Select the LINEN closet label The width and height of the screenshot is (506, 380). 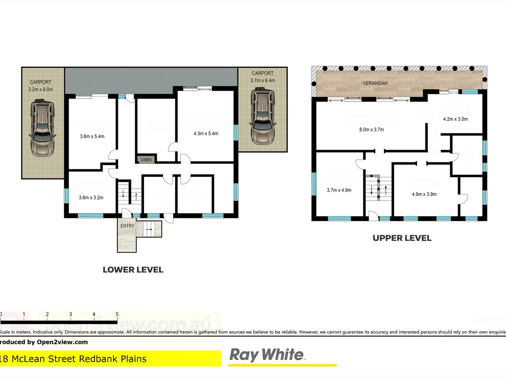coord(146,160)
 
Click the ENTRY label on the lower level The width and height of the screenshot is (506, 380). coord(127,226)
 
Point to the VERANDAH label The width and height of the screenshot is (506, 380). coord(375,83)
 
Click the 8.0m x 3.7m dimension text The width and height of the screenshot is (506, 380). coord(371,130)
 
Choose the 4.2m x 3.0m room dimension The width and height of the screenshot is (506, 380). coord(455,119)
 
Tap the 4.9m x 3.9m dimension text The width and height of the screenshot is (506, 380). coord(424,194)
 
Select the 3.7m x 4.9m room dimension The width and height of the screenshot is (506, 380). coord(339,190)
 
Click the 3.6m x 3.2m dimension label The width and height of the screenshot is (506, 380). coord(91,198)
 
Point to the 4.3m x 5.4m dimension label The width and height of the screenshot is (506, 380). coord(206,134)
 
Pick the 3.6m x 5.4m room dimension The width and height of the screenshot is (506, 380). coord(92,137)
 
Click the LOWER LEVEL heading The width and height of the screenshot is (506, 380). coord(133,270)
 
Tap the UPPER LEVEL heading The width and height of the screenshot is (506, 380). coord(402,238)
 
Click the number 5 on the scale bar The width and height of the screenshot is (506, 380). coord(117,314)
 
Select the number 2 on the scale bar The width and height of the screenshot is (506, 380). coord(47,314)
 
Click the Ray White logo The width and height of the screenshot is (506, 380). coord(266,355)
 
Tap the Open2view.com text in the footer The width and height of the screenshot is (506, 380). coord(62,342)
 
